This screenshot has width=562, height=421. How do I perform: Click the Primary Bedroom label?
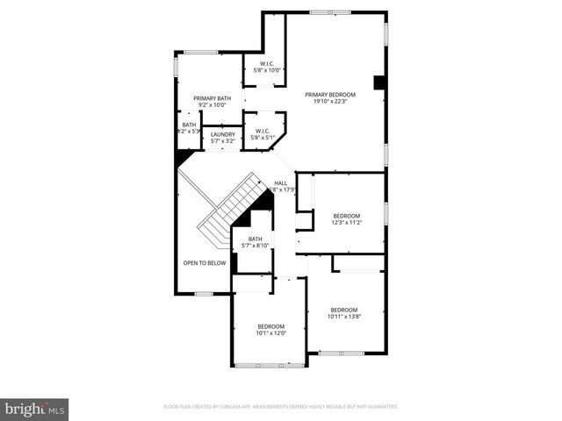click(330, 94)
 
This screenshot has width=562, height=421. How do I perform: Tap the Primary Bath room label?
click(213, 98)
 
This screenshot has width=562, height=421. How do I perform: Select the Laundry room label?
click(223, 134)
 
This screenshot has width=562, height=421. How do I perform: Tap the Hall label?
click(281, 182)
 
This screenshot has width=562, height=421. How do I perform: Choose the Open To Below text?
click(204, 263)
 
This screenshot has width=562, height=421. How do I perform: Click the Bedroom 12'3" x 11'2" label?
click(346, 216)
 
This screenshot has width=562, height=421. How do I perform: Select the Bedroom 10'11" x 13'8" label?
click(343, 310)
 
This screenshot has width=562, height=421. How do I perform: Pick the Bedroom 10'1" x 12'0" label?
click(270, 326)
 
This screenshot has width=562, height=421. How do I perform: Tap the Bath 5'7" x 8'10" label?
click(255, 239)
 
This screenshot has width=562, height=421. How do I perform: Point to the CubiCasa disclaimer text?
click(281, 407)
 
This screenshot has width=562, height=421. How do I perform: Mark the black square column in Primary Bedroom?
click(379, 82)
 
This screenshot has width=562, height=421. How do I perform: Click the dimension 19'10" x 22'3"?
click(330, 101)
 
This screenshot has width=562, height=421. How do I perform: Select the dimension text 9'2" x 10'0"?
click(213, 105)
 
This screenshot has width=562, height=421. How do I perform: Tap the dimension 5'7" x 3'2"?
click(223, 140)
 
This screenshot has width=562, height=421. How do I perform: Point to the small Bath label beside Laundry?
click(189, 125)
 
